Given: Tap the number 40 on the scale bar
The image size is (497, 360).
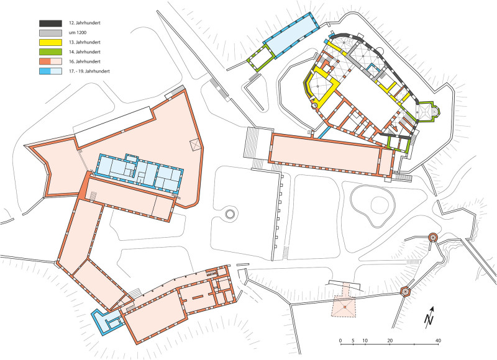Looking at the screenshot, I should click(439, 341).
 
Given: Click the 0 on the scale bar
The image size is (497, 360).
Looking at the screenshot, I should click(340, 341).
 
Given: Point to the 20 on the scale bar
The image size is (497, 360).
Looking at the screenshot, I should click(390, 341).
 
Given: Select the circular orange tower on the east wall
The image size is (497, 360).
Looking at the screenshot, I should click(433, 237).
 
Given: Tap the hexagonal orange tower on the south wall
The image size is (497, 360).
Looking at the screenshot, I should click(406, 290).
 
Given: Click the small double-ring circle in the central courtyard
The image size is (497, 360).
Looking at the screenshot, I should click(230, 215).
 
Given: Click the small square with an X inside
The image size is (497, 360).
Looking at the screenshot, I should click(195, 145).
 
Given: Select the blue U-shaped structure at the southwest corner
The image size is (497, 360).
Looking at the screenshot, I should click(103, 320).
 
